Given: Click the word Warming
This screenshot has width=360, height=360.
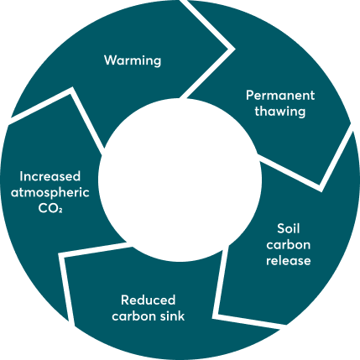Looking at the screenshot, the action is point(133,60).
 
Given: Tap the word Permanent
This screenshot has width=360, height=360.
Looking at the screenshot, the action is point(280,96).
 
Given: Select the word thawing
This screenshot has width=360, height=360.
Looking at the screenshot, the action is point(280,112).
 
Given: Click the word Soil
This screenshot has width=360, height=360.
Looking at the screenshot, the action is point(289,228).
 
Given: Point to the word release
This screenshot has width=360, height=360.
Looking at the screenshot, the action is point(289,260).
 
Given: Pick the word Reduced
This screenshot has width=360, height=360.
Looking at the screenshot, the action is point(148,300).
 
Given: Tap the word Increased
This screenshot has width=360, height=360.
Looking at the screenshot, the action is point(50,176).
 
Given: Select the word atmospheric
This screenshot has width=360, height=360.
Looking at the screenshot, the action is point(50,193).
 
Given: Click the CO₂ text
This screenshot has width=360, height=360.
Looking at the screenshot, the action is point(50,209).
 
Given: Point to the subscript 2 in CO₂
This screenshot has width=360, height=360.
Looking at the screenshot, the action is point(60,211).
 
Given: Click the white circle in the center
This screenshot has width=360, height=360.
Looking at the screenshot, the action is point(180,180).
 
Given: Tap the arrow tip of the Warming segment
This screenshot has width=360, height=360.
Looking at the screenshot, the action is point(234,49).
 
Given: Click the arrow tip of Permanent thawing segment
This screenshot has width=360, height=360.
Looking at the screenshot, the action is point(321,190).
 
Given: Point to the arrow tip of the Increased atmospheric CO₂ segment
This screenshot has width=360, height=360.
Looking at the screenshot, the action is point(72,88).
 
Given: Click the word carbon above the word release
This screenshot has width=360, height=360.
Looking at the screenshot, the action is point(289,245).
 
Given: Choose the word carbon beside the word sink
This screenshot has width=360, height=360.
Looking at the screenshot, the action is point(134,316).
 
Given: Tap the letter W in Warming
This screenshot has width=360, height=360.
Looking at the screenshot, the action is point(111,60).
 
